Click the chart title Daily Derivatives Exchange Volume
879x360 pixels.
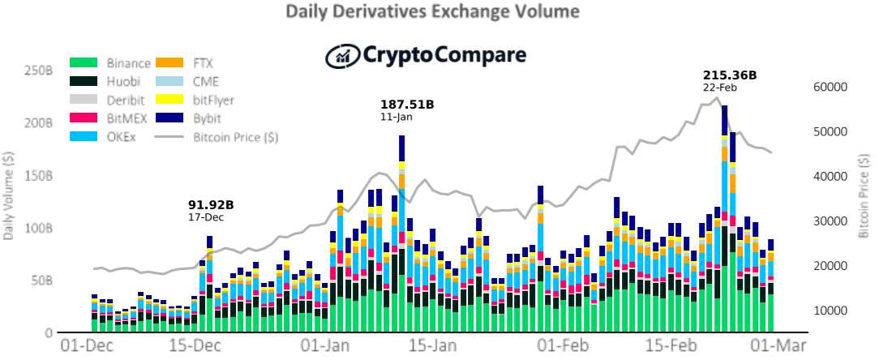[432, 11]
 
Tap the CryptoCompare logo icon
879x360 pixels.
[342, 55]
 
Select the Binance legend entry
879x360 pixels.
[110, 62]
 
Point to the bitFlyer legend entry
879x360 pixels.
[194, 100]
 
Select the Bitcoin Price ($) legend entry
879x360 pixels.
[217, 137]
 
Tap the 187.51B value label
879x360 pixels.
[408, 105]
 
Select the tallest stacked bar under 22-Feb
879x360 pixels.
[724, 219]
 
